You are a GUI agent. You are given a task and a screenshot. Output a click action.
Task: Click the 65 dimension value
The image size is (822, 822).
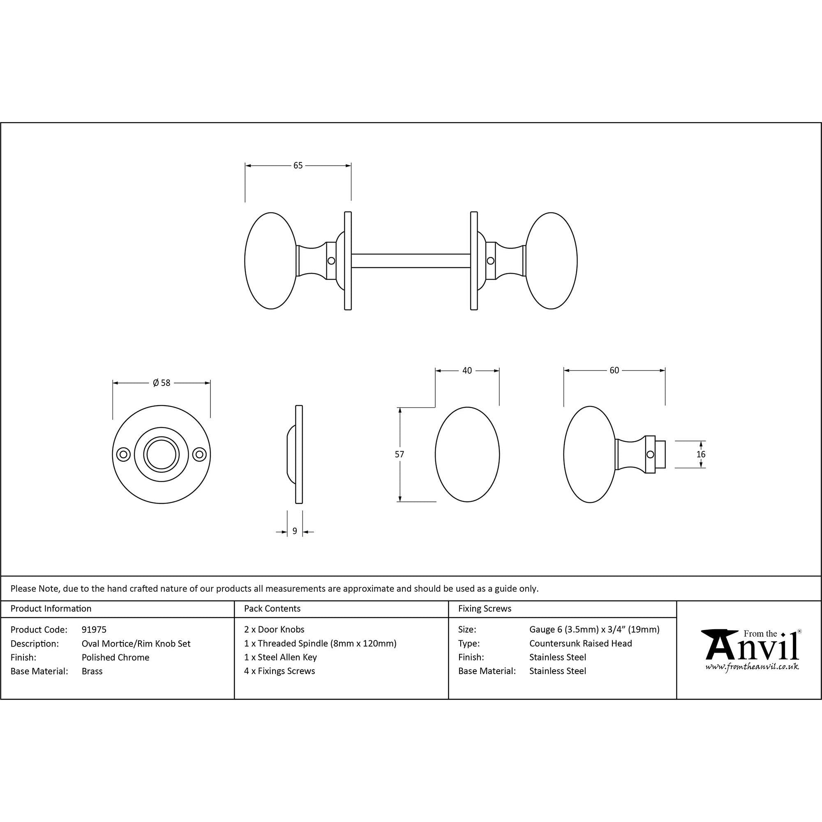pyautogui.click(x=298, y=165)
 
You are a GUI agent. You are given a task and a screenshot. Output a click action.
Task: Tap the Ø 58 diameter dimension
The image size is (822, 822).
pyautogui.click(x=162, y=383)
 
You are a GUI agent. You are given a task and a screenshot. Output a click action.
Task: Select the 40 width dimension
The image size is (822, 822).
pyautogui.click(x=467, y=371)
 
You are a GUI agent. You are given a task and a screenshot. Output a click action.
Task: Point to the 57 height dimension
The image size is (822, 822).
pyautogui.click(x=399, y=455)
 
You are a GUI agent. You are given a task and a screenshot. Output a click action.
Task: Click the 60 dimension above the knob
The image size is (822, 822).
pyautogui.click(x=614, y=370)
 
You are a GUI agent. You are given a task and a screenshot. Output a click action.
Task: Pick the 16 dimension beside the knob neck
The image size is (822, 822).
pyautogui.click(x=701, y=455)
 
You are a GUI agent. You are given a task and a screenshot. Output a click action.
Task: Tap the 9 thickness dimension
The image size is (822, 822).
pyautogui.click(x=295, y=531)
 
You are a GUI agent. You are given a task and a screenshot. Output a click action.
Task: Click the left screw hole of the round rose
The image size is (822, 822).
pyautogui.click(x=124, y=455)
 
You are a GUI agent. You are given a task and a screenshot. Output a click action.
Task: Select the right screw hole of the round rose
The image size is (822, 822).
pyautogui.click(x=199, y=455)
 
